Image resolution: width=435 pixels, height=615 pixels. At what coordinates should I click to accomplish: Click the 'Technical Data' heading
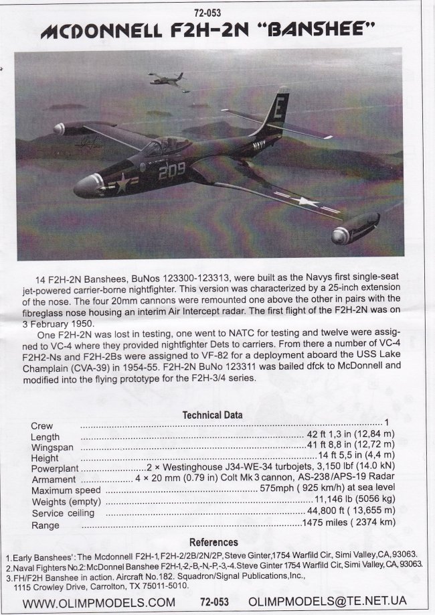[x=213, y=415]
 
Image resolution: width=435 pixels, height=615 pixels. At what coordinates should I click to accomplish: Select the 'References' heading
[x=213, y=541]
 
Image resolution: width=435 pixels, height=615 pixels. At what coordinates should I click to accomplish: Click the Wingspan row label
[x=54, y=447]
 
